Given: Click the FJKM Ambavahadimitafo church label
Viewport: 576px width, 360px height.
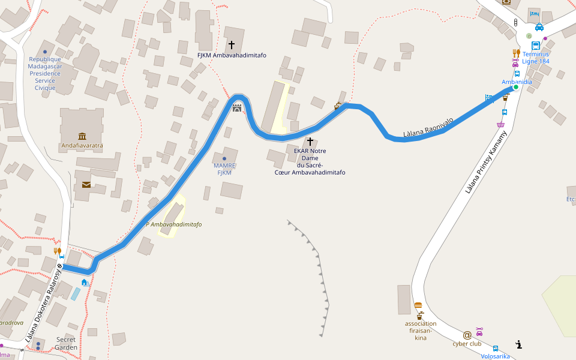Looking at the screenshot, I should click(232, 55).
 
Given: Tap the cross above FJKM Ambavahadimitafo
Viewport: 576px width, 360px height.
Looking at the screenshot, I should click(232, 45).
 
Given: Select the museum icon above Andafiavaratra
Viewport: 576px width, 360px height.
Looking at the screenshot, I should click(82, 136).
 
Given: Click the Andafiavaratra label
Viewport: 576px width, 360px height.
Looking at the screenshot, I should click(82, 145).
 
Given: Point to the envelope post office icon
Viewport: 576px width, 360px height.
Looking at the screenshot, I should click(86, 185).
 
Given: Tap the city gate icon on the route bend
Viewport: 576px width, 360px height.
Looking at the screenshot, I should click(237, 108).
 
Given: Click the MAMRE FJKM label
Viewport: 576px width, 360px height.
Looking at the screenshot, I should click(224, 169).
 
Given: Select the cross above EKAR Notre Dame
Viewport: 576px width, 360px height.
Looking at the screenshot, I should click(310, 142).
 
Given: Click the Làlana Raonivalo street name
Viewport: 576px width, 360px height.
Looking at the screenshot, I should click(428, 127).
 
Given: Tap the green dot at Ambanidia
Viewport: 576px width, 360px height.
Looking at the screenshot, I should click(515, 87).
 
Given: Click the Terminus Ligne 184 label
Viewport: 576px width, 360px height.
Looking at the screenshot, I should click(535, 58).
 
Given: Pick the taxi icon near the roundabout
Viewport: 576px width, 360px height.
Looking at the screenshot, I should click(539, 27).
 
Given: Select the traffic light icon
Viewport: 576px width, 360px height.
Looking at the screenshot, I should click(515, 22).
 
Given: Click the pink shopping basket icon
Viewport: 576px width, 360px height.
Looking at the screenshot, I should click(500, 125).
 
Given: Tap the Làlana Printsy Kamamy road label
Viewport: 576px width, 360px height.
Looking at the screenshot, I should click(486, 162).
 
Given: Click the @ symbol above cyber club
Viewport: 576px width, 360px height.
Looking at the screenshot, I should click(467, 335).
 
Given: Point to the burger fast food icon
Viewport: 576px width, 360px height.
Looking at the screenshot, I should click(418, 305).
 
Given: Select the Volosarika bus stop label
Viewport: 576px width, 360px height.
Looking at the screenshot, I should click(495, 356).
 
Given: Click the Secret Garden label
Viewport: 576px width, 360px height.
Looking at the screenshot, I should click(66, 343).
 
